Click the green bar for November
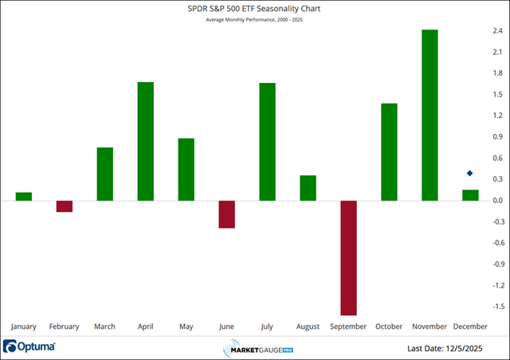pyautogui.click(x=430, y=115)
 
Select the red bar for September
pyautogui.click(x=348, y=257)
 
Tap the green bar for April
pyautogui.click(x=145, y=141)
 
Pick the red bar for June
pyautogui.click(x=226, y=214)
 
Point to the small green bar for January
pyautogui.click(x=24, y=196)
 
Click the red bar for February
pyautogui.click(x=65, y=206)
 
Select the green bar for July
pyautogui.click(x=267, y=142)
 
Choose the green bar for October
pyautogui.click(x=389, y=152)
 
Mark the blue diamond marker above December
pyautogui.click(x=470, y=174)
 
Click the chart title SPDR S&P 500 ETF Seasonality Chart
pyautogui.click(x=255, y=9)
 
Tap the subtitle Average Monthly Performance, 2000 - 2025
pyautogui.click(x=255, y=20)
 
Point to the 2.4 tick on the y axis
pyautogui.click(x=497, y=31)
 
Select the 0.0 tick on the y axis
pyautogui.click(x=497, y=201)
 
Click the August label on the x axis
pyautogui.click(x=308, y=326)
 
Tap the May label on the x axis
pyautogui.click(x=186, y=326)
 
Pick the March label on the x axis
pyautogui.click(x=104, y=326)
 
